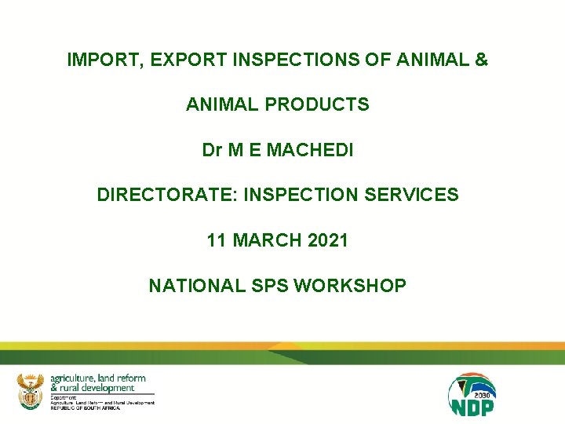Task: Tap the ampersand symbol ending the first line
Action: pos(481,60)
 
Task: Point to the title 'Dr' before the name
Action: pos(212,150)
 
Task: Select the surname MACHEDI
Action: pos(310,150)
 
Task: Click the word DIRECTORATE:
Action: pos(167,195)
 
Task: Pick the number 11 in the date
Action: pos(217,240)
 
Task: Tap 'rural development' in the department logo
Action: pos(92,388)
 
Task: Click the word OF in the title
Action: pos(339,60)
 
